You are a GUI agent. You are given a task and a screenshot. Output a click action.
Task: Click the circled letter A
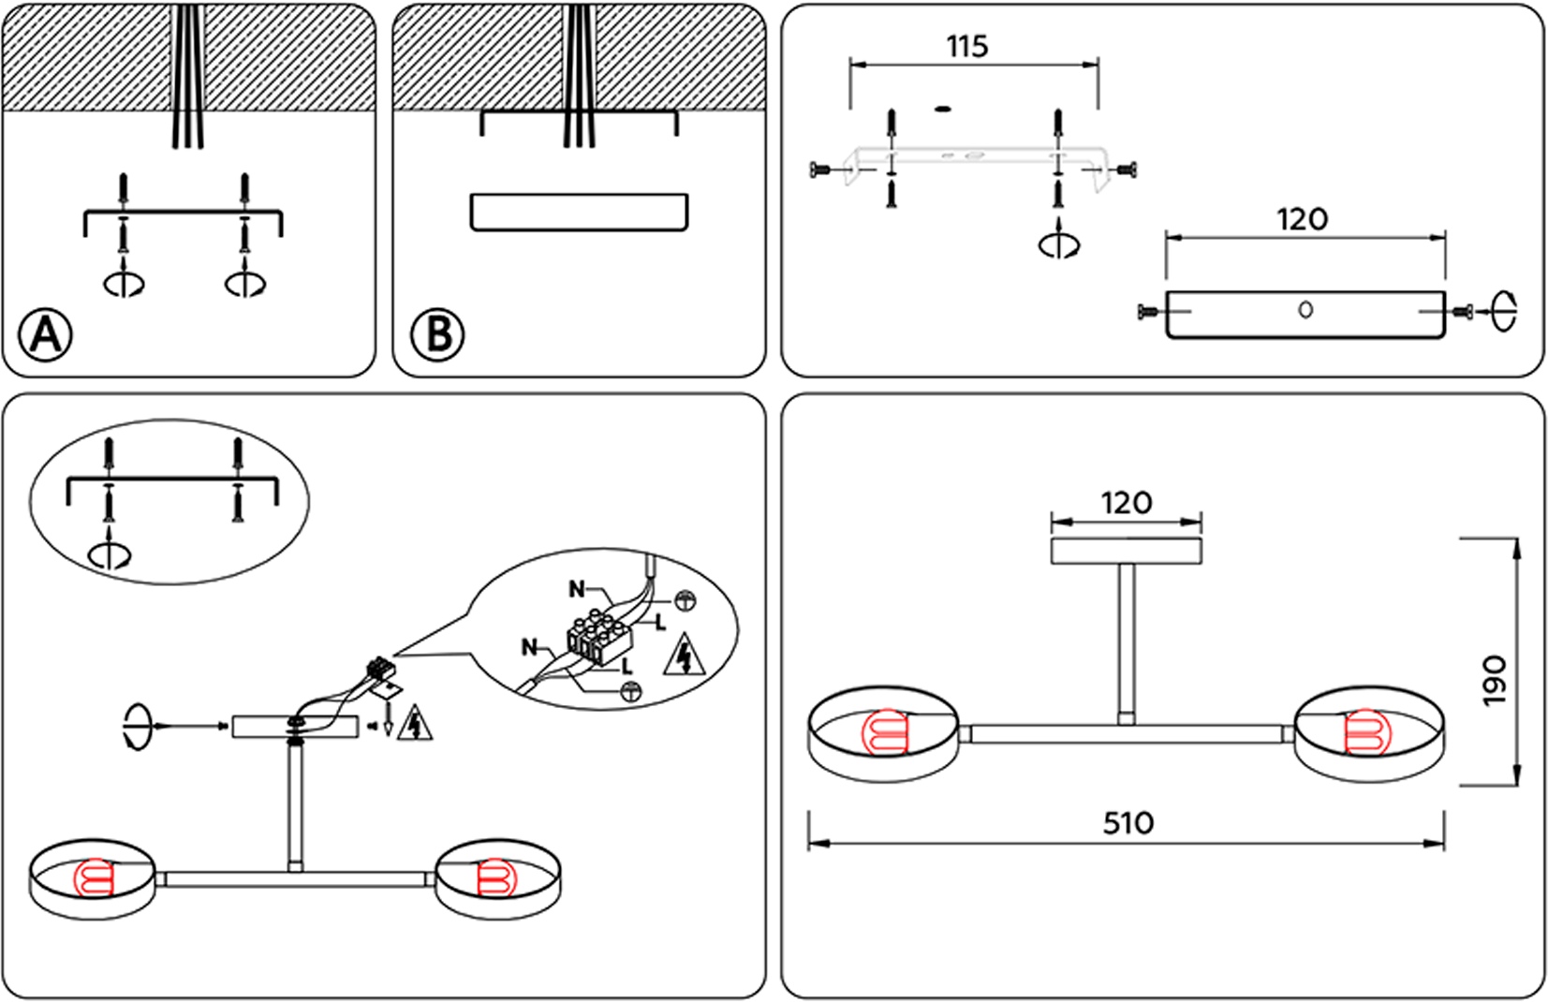click(46, 333)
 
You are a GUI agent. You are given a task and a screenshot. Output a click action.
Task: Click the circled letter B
click(437, 333)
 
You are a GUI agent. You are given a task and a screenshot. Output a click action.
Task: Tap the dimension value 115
click(966, 46)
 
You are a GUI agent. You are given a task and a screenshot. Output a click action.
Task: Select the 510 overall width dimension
click(1128, 823)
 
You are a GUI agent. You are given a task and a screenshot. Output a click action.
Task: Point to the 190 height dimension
click(1496, 680)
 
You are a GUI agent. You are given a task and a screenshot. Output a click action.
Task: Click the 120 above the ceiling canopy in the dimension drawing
click(1126, 503)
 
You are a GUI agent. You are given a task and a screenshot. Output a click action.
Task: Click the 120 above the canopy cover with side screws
click(1302, 219)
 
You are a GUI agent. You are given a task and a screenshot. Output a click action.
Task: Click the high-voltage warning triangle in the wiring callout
click(685, 656)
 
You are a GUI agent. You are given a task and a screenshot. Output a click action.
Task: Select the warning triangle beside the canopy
click(415, 726)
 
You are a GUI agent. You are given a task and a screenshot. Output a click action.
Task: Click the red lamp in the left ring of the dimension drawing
click(885, 733)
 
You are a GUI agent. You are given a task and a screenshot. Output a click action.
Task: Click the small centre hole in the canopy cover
click(1305, 310)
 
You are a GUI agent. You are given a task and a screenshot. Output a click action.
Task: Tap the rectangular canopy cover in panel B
click(579, 213)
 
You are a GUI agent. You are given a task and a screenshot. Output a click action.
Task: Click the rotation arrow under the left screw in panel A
click(124, 282)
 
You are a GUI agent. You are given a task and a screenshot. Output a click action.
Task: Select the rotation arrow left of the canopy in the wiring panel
click(137, 726)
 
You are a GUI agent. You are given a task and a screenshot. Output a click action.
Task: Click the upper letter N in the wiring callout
click(577, 589)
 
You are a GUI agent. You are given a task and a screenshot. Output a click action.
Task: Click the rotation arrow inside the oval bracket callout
click(111, 553)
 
